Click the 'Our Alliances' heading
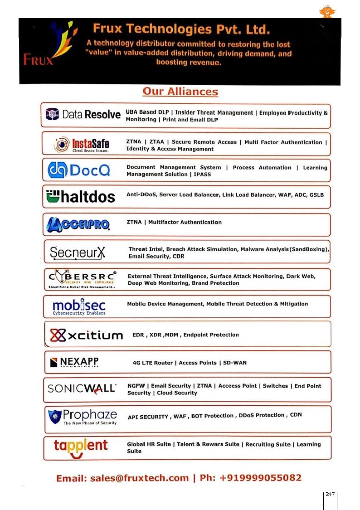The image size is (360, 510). (x=180, y=92)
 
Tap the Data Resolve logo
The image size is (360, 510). (x=83, y=114)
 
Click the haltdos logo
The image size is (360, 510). (x=81, y=197)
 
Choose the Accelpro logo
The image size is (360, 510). (x=78, y=223)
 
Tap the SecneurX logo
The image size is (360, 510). (x=78, y=252)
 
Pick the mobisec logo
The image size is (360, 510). (x=79, y=306)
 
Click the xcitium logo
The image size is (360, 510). (x=86, y=335)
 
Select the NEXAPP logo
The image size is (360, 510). (x=74, y=362)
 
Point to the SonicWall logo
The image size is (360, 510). (x=82, y=389)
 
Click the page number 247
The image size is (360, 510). (x=330, y=494)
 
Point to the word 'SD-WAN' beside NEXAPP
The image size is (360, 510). (x=235, y=363)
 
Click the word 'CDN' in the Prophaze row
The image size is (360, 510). (x=296, y=415)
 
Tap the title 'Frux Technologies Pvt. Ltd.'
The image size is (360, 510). (x=181, y=29)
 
